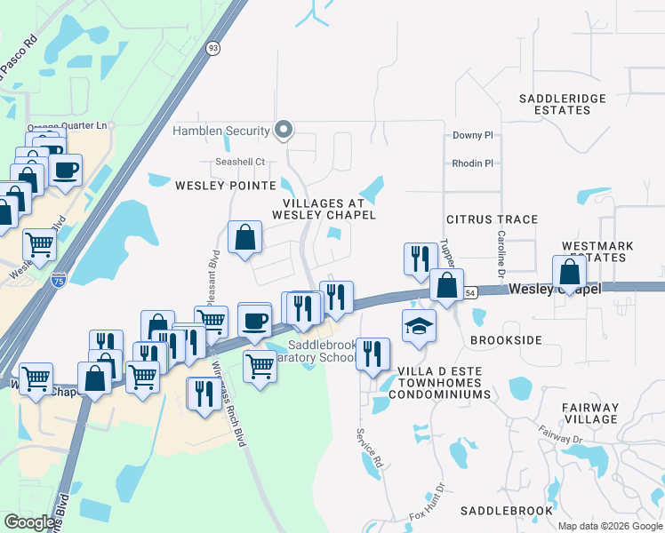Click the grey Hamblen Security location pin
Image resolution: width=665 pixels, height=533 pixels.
tap(284, 131)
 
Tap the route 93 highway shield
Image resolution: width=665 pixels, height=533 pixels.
tap(212, 49)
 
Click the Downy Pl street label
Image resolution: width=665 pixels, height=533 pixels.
tap(472, 136)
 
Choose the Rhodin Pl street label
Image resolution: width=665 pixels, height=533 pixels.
tap(472, 163)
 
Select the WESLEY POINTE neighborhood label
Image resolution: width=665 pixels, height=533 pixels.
tap(225, 186)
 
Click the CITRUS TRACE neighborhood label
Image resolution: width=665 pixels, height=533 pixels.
tap(492, 219)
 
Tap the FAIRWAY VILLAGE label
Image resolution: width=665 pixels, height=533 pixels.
tap(589, 413)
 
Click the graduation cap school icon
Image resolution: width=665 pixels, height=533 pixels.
tap(419, 325)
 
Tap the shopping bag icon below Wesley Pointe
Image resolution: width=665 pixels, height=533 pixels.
tap(244, 238)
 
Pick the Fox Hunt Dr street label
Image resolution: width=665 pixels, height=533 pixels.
tap(427, 504)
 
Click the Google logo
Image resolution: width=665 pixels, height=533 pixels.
tap(30, 522)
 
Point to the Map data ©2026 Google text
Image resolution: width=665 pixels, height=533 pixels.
tap(610, 526)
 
